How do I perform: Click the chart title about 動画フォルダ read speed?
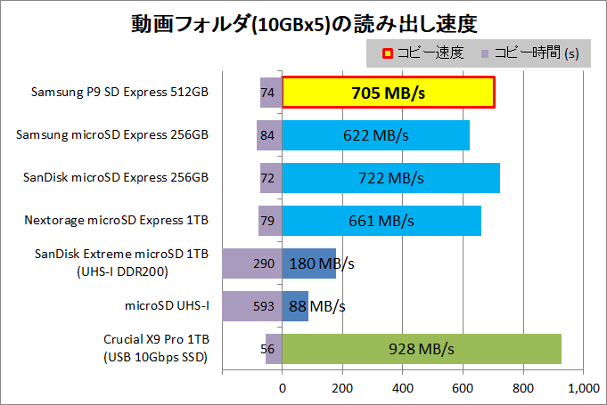coord(303,20)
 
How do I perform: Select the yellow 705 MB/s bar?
coord(389,92)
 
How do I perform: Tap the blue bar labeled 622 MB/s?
coord(375,135)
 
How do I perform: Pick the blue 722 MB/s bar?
coord(390,178)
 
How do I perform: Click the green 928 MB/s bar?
coord(422,349)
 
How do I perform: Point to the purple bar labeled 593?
coord(252,306)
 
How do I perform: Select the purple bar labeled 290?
coord(252,263)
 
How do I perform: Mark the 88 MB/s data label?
coord(317,306)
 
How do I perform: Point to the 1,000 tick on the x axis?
coord(583,388)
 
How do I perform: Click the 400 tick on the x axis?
coord(403,388)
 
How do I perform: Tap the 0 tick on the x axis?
coord(283,388)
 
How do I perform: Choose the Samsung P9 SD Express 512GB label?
coord(119,92)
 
